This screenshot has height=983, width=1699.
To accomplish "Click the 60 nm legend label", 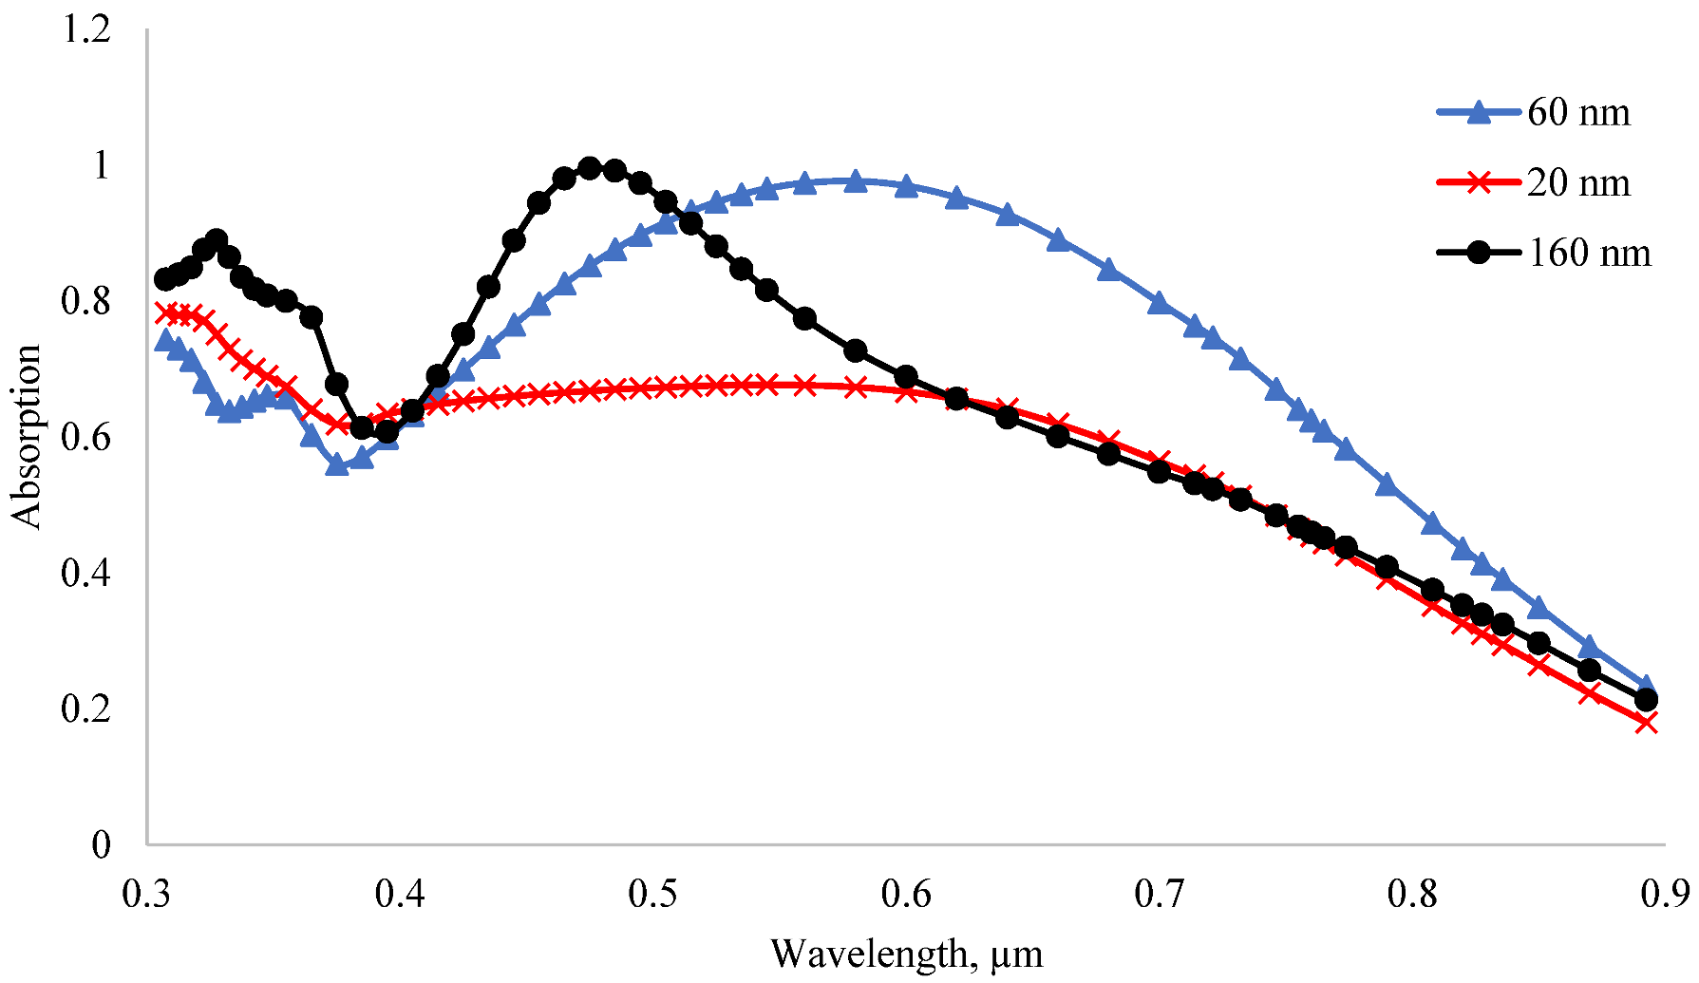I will click(x=1578, y=113).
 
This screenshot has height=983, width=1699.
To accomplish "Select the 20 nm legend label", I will click(x=1578, y=182).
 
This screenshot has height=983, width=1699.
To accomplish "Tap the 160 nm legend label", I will click(x=1589, y=253).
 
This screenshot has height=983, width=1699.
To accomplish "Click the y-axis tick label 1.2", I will click(x=85, y=29).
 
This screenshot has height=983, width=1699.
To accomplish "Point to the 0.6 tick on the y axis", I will click(x=85, y=438).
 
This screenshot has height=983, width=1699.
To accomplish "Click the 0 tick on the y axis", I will click(x=101, y=844).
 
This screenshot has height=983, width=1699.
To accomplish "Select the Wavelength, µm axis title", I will click(x=906, y=954).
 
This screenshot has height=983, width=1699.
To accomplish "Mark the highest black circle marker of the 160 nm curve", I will click(x=590, y=168).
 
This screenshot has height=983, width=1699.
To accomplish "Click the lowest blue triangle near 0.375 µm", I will click(x=336, y=464).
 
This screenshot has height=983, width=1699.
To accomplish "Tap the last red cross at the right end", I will click(x=1647, y=723).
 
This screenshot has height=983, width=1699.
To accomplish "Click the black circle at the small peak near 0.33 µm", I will click(x=217, y=239).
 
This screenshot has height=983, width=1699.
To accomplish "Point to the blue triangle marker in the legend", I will click(x=1479, y=113).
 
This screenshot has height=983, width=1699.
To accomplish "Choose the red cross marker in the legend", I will click(x=1479, y=182).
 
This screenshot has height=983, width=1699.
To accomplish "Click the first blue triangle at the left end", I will click(x=164, y=340).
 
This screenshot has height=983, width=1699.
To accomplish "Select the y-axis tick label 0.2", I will click(x=85, y=709).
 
